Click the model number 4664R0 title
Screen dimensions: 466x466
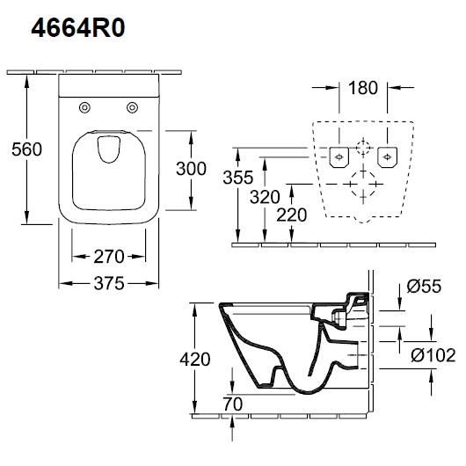(78, 28)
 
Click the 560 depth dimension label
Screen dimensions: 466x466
(26, 149)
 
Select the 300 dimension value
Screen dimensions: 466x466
(191, 169)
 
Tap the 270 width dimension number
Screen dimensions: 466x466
(109, 257)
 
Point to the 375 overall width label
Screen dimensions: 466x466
(109, 283)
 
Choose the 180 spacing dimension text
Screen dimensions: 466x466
(363, 88)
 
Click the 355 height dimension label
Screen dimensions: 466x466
(238, 178)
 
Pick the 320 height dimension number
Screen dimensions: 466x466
(265, 197)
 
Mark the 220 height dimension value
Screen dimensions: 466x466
(292, 215)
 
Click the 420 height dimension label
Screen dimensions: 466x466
(195, 359)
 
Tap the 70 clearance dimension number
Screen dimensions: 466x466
(233, 404)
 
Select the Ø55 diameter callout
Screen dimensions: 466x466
(424, 286)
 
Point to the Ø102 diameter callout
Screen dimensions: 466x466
(433, 355)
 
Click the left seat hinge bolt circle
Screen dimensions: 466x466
(84, 107)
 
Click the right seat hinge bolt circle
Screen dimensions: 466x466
(132, 107)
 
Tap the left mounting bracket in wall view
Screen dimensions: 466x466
(339, 157)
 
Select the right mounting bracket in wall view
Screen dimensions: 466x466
(387, 157)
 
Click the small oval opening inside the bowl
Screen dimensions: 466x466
(109, 149)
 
